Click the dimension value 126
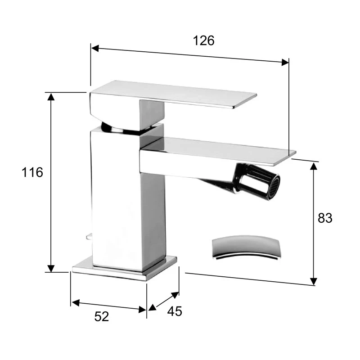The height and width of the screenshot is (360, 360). (204, 40)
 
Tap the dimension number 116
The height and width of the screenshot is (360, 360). (32, 172)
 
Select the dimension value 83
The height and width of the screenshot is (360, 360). (325, 218)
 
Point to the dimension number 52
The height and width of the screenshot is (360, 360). (102, 316)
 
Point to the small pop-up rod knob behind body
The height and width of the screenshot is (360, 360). (89, 236)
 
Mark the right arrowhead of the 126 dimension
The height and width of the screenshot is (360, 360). (285, 63)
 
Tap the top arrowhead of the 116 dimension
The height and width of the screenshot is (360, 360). (51, 96)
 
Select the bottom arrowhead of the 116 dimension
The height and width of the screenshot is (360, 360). (51, 268)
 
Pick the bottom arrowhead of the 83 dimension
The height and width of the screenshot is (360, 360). (314, 281)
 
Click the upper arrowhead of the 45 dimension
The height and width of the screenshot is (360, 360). (175, 295)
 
